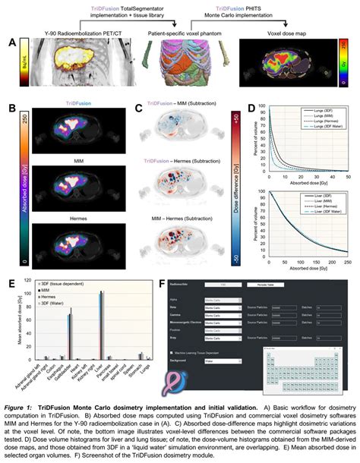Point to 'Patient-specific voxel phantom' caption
pos(178,35)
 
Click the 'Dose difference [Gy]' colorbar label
pos(236,189)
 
